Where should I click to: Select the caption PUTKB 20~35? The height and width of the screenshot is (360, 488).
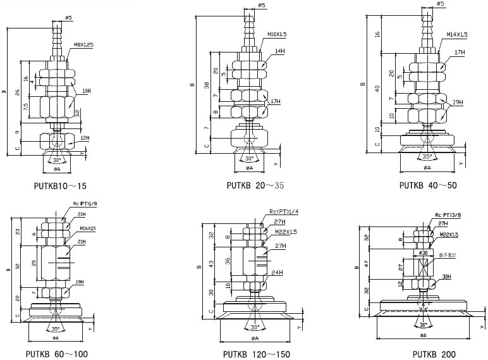[x=251, y=186]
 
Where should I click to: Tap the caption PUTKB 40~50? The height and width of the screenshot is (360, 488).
[x=427, y=186]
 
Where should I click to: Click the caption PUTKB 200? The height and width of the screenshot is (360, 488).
[x=434, y=354]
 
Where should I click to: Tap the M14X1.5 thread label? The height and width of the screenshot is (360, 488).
[x=456, y=34]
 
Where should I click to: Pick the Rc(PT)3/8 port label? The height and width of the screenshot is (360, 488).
[x=448, y=215]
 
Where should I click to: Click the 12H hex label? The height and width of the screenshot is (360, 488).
[x=85, y=138]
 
